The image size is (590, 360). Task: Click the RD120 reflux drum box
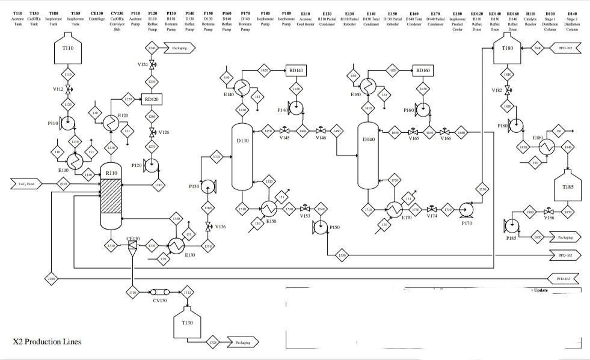[x=152, y=99]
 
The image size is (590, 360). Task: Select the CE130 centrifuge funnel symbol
[x=132, y=249]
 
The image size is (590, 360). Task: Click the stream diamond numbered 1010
[x=64, y=185]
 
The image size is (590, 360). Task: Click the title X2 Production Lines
[x=47, y=342]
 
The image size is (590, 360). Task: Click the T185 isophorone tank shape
[x=567, y=186]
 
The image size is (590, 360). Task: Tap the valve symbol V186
[x=549, y=212]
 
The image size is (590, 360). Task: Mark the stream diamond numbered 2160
[x=52, y=279]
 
